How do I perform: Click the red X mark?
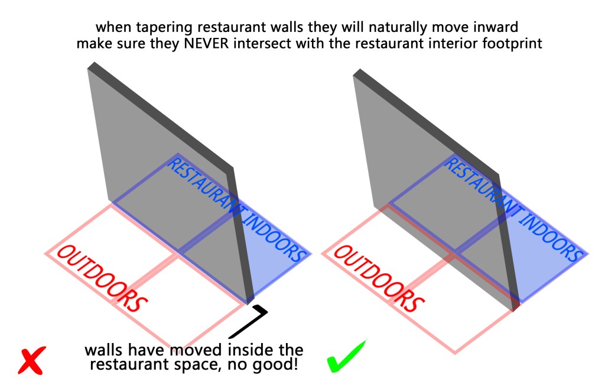point(32,360)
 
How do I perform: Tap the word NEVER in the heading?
point(206,43)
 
